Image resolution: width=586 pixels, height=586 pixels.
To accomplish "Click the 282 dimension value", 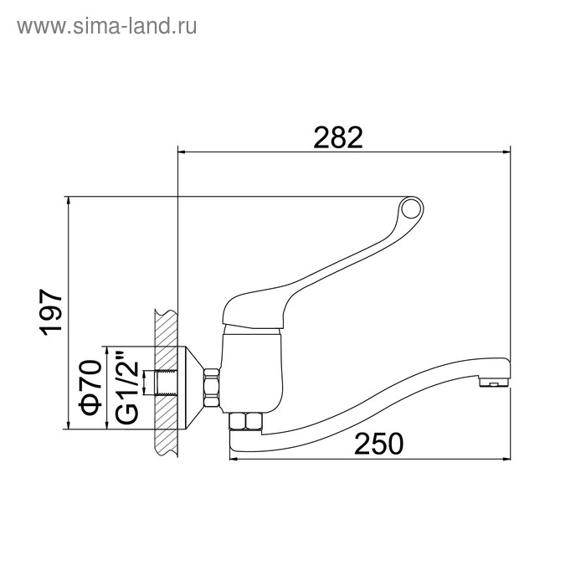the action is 338,137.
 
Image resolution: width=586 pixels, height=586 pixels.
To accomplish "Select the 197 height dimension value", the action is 51,312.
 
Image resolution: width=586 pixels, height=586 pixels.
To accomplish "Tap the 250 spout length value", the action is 378,444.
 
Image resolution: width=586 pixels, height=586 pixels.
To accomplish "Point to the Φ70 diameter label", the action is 91,388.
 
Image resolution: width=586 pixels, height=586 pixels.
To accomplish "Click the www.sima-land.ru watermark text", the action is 107,27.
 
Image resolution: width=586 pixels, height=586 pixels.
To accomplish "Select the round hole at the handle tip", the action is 411,208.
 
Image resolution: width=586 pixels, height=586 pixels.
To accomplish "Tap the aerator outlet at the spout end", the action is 493,383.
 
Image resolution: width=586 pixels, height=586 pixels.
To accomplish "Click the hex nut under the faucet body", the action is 246,422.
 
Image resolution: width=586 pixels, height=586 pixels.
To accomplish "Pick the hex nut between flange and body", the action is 212,388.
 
